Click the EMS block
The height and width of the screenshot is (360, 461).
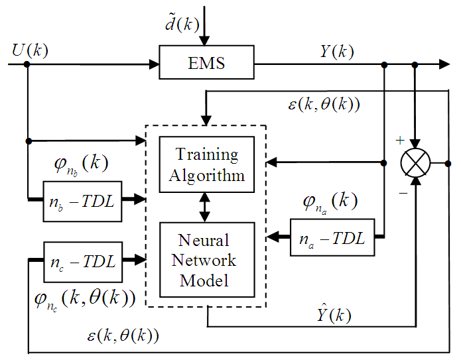(x=207, y=64)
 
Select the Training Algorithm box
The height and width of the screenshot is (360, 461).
(x=207, y=164)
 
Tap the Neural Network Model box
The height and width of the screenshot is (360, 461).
(x=207, y=260)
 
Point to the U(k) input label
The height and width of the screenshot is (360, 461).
(x=30, y=50)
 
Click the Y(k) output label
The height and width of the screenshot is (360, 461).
(x=337, y=51)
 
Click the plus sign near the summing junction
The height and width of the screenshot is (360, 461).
(x=399, y=141)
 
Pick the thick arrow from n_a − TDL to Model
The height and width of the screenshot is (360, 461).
(x=279, y=238)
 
